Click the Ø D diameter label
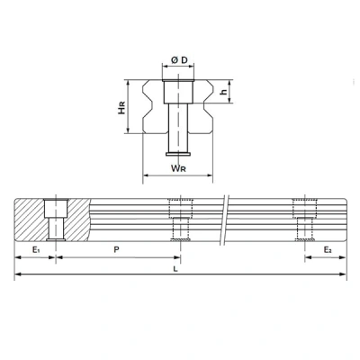coord(179,60)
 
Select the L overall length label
coord(177,269)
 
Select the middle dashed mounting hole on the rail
coord(181,218)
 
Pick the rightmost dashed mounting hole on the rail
coord(302,218)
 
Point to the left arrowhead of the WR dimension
coord(146,175)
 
